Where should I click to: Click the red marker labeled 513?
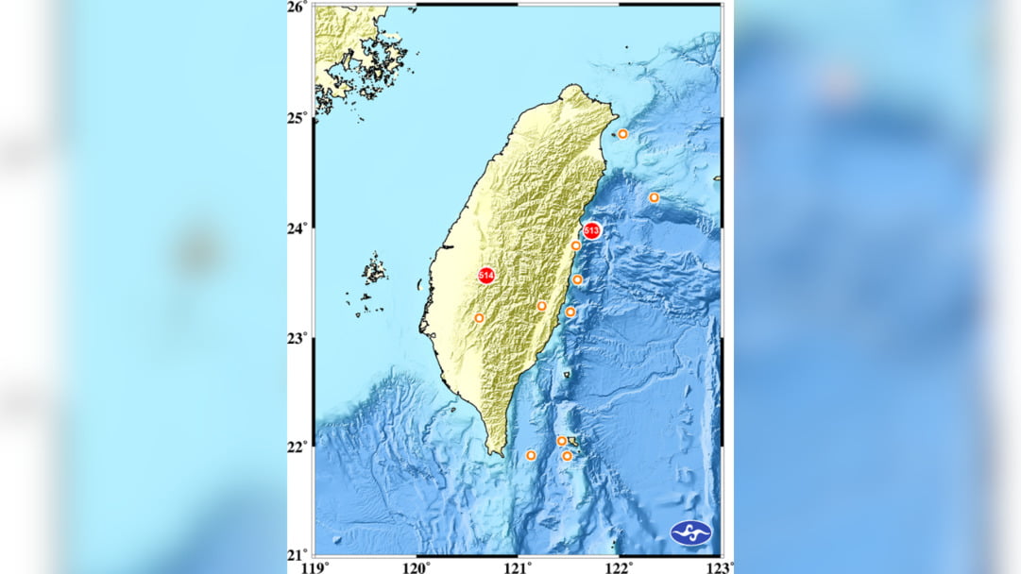[592, 229]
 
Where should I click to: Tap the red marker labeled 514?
[486, 275]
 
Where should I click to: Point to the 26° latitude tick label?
[298, 8]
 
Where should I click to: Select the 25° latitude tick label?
[298, 118]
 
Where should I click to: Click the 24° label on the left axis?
[298, 228]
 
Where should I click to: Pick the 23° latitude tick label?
[298, 338]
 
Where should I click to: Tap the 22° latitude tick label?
[298, 447]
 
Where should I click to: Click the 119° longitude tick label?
[315, 566]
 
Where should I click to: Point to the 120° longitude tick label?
[417, 566]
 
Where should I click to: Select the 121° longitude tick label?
[518, 566]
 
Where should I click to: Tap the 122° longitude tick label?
[619, 566]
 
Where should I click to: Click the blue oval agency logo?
[690, 532]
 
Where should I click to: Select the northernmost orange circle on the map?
[622, 134]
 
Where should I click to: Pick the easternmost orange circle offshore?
[654, 197]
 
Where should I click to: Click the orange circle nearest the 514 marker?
[479, 318]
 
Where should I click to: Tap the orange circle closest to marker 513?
[575, 245]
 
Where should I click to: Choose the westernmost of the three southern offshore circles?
[531, 455]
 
